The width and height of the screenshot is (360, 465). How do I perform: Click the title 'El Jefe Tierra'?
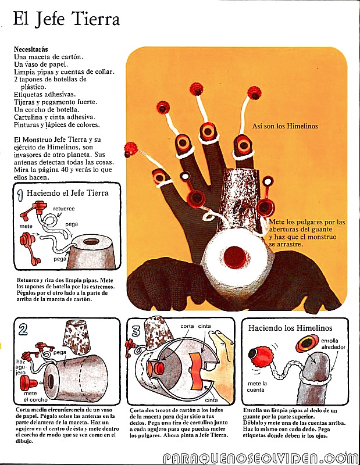66,20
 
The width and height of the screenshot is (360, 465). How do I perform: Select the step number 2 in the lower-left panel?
23,330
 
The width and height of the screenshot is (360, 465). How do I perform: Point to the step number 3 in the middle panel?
136,331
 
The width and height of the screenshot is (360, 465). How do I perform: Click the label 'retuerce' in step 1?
63,208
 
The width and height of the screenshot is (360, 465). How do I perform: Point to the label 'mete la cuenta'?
258,387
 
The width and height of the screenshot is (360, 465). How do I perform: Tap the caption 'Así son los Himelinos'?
285,126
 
